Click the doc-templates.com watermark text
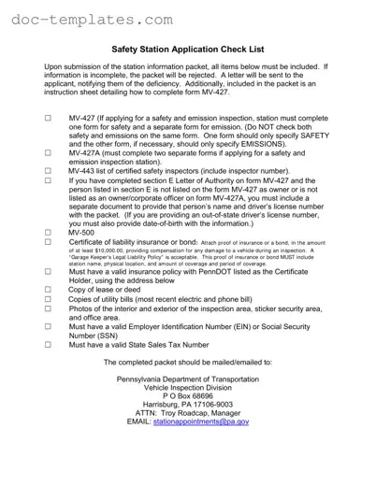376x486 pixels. click(x=92, y=18)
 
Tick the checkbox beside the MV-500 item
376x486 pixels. click(x=48, y=231)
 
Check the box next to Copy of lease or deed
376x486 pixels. click(x=48, y=290)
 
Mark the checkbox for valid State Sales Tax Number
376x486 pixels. click(x=48, y=344)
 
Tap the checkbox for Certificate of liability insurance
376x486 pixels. click(x=48, y=242)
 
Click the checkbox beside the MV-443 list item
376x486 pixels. click(x=48, y=171)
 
